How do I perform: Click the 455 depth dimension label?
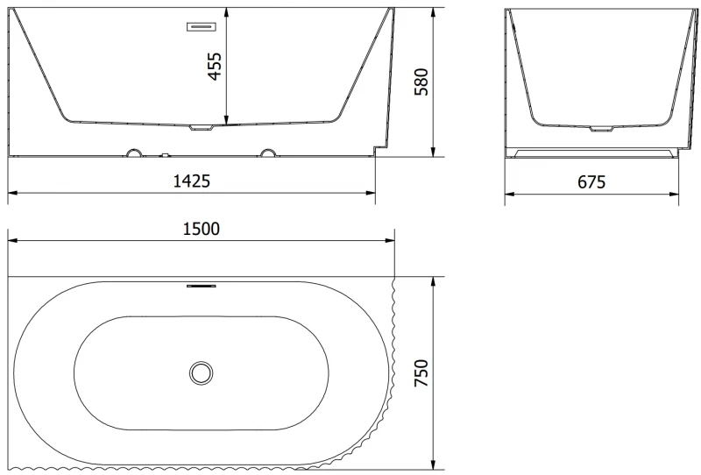click(x=215, y=67)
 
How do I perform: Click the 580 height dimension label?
click(x=421, y=82)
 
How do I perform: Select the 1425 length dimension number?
click(x=191, y=181)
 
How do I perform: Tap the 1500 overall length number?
click(x=202, y=229)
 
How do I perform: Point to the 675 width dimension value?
click(x=591, y=182)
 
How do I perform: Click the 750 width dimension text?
click(x=421, y=373)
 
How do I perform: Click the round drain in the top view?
click(x=202, y=373)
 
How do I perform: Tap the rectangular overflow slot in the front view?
click(x=202, y=27)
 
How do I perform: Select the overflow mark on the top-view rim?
click(x=202, y=286)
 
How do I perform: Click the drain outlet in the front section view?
click(x=202, y=128)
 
